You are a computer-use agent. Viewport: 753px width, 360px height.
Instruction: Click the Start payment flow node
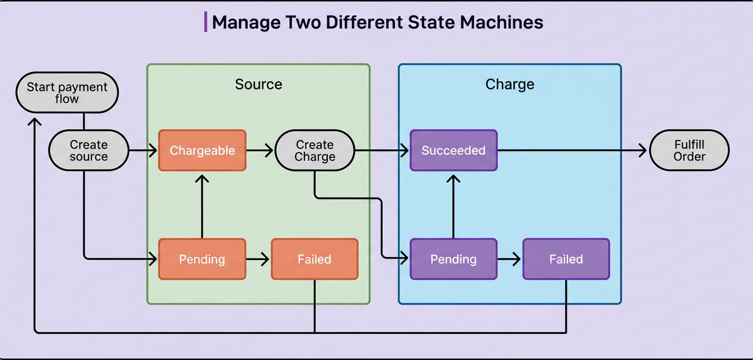pos(67,93)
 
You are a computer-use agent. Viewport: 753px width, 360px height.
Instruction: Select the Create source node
pos(88,150)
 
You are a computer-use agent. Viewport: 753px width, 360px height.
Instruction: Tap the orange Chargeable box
pos(202,150)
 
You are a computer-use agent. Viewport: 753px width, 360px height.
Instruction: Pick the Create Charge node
pos(315,150)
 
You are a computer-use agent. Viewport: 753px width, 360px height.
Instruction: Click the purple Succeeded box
pos(453,150)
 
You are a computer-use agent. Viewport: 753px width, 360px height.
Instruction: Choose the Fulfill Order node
pos(689,150)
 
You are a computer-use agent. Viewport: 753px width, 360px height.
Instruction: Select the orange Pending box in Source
pos(202,259)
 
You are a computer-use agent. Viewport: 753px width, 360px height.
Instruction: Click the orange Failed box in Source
pos(314,259)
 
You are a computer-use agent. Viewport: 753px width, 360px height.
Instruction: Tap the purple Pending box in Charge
pos(453,259)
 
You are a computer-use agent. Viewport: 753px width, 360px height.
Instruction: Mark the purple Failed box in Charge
pos(566,259)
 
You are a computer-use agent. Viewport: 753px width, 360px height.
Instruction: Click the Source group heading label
pos(258,84)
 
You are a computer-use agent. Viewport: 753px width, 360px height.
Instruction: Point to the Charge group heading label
pos(510,84)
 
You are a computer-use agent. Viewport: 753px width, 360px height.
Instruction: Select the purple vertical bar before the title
pos(206,22)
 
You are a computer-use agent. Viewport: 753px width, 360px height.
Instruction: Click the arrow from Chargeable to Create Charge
pos(260,150)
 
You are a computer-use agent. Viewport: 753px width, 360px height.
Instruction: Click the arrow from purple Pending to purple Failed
pos(509,259)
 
